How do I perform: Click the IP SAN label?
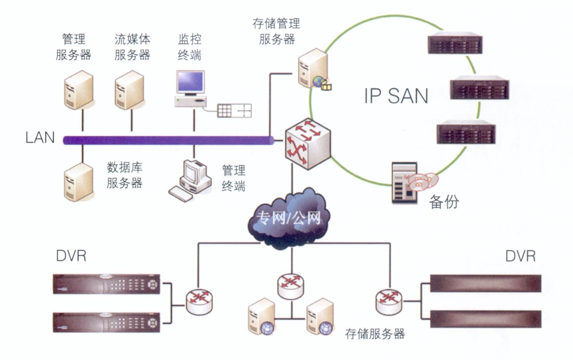point(396,96)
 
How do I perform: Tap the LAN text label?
point(40,137)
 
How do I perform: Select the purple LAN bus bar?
point(168,140)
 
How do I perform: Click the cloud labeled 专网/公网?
point(289,219)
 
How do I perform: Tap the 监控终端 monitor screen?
point(190,82)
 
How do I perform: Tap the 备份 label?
point(444,201)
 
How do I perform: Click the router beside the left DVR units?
point(199,301)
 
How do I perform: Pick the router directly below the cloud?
point(291,285)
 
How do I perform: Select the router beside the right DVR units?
point(389,301)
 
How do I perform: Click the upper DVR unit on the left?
point(107,284)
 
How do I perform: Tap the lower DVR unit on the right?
point(485,319)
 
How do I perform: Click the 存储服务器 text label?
point(375,333)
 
